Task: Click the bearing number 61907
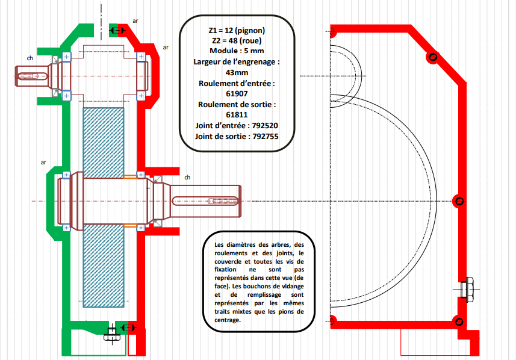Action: pos(237,94)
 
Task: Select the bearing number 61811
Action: pos(237,115)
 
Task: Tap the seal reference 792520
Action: pos(265,126)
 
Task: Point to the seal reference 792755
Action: pos(266,137)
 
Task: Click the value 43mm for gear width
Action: pos(237,73)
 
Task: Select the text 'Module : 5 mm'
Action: pos(237,51)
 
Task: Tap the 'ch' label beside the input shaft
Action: pos(30,58)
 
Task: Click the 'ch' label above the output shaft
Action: pos(187,178)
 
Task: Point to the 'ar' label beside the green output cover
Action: pos(43,163)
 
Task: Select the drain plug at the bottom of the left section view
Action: pos(112,334)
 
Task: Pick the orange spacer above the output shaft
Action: pos(130,177)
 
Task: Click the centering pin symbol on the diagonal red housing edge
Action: pos(433,58)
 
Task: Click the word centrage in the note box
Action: pos(228,320)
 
